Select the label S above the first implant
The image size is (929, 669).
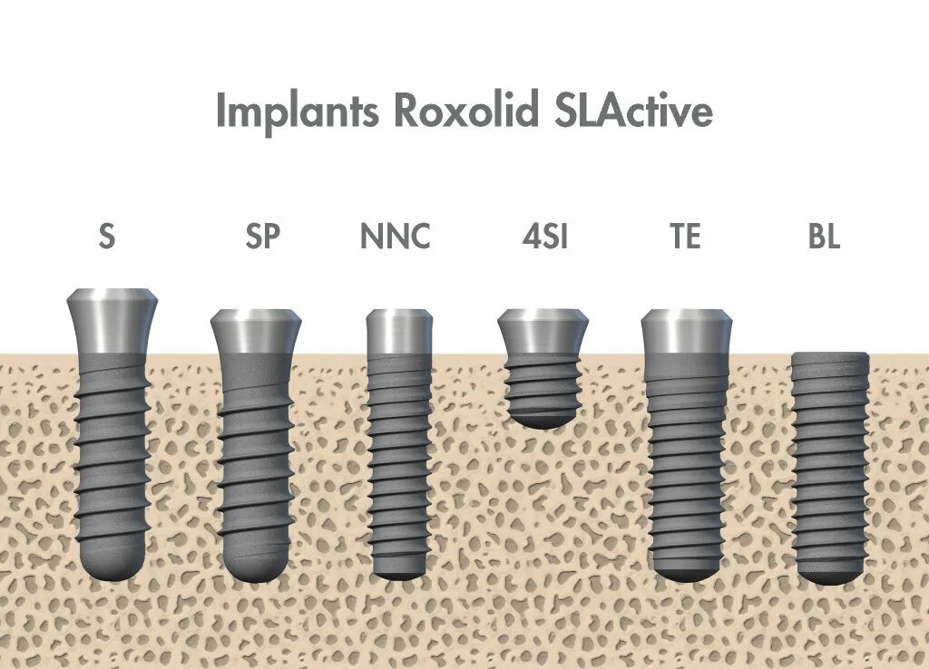pos(107,237)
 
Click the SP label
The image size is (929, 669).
pos(263,237)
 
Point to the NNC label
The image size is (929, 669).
pos(395,237)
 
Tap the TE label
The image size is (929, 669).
pos(685,237)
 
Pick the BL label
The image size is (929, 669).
pos(824,237)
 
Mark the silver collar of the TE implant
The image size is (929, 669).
pos(685,334)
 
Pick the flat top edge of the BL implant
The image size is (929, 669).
pos(830,355)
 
